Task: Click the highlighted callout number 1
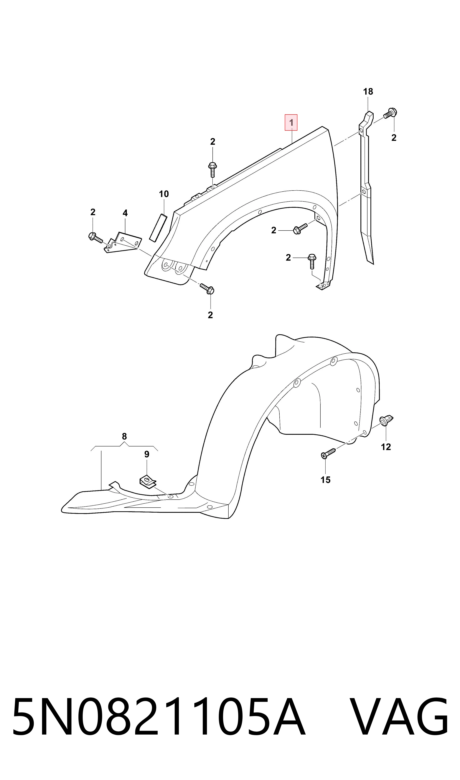click(x=291, y=123)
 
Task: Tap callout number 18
click(x=368, y=92)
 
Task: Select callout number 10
click(x=164, y=194)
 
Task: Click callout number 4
click(x=125, y=213)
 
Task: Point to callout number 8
click(x=124, y=436)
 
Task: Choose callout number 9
click(x=147, y=454)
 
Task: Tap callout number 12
click(x=386, y=447)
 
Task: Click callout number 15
click(x=325, y=480)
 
